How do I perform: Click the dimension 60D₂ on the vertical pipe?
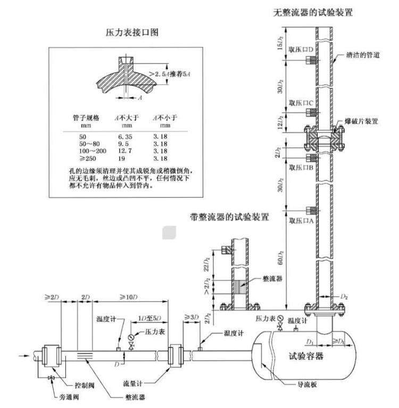click(280, 257)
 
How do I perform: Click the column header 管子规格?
click(86, 118)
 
